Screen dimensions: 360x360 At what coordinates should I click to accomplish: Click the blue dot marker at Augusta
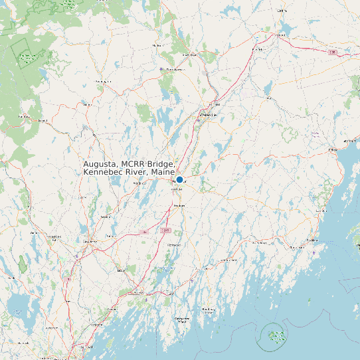(x=179, y=179)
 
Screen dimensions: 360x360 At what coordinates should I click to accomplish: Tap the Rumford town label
(x=25, y=117)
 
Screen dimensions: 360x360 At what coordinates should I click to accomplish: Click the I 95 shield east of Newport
(x=332, y=51)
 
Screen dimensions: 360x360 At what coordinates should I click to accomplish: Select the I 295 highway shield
(x=167, y=230)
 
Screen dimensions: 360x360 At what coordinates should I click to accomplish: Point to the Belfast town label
(x=333, y=150)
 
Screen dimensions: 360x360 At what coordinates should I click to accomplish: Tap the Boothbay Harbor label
(x=208, y=310)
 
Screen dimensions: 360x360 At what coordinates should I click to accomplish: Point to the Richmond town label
(x=175, y=245)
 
